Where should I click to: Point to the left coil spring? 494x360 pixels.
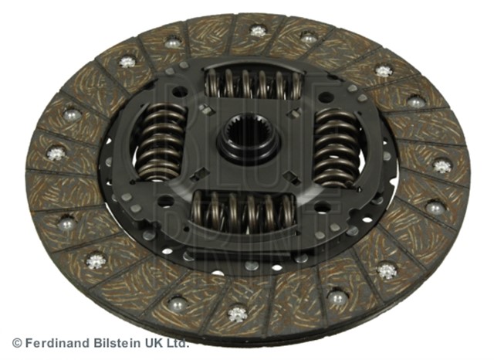click(161, 142)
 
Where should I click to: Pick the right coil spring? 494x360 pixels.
click(337, 148)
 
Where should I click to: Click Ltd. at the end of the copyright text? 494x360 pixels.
click(178, 343)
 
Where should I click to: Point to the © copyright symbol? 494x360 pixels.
click(17, 343)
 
